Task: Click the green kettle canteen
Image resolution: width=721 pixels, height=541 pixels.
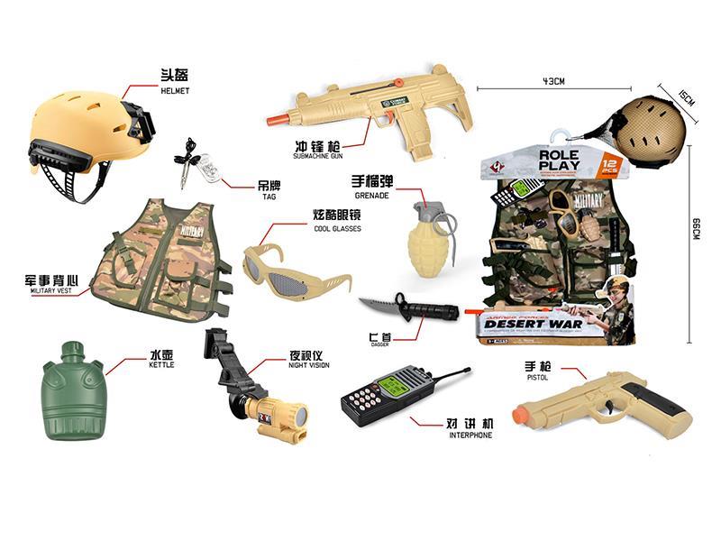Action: click(x=73, y=394)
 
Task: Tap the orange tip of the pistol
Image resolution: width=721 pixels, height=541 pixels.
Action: click(x=521, y=414)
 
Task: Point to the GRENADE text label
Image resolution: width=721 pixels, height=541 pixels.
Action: click(x=370, y=193)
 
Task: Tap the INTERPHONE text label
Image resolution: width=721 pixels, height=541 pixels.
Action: click(x=470, y=435)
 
